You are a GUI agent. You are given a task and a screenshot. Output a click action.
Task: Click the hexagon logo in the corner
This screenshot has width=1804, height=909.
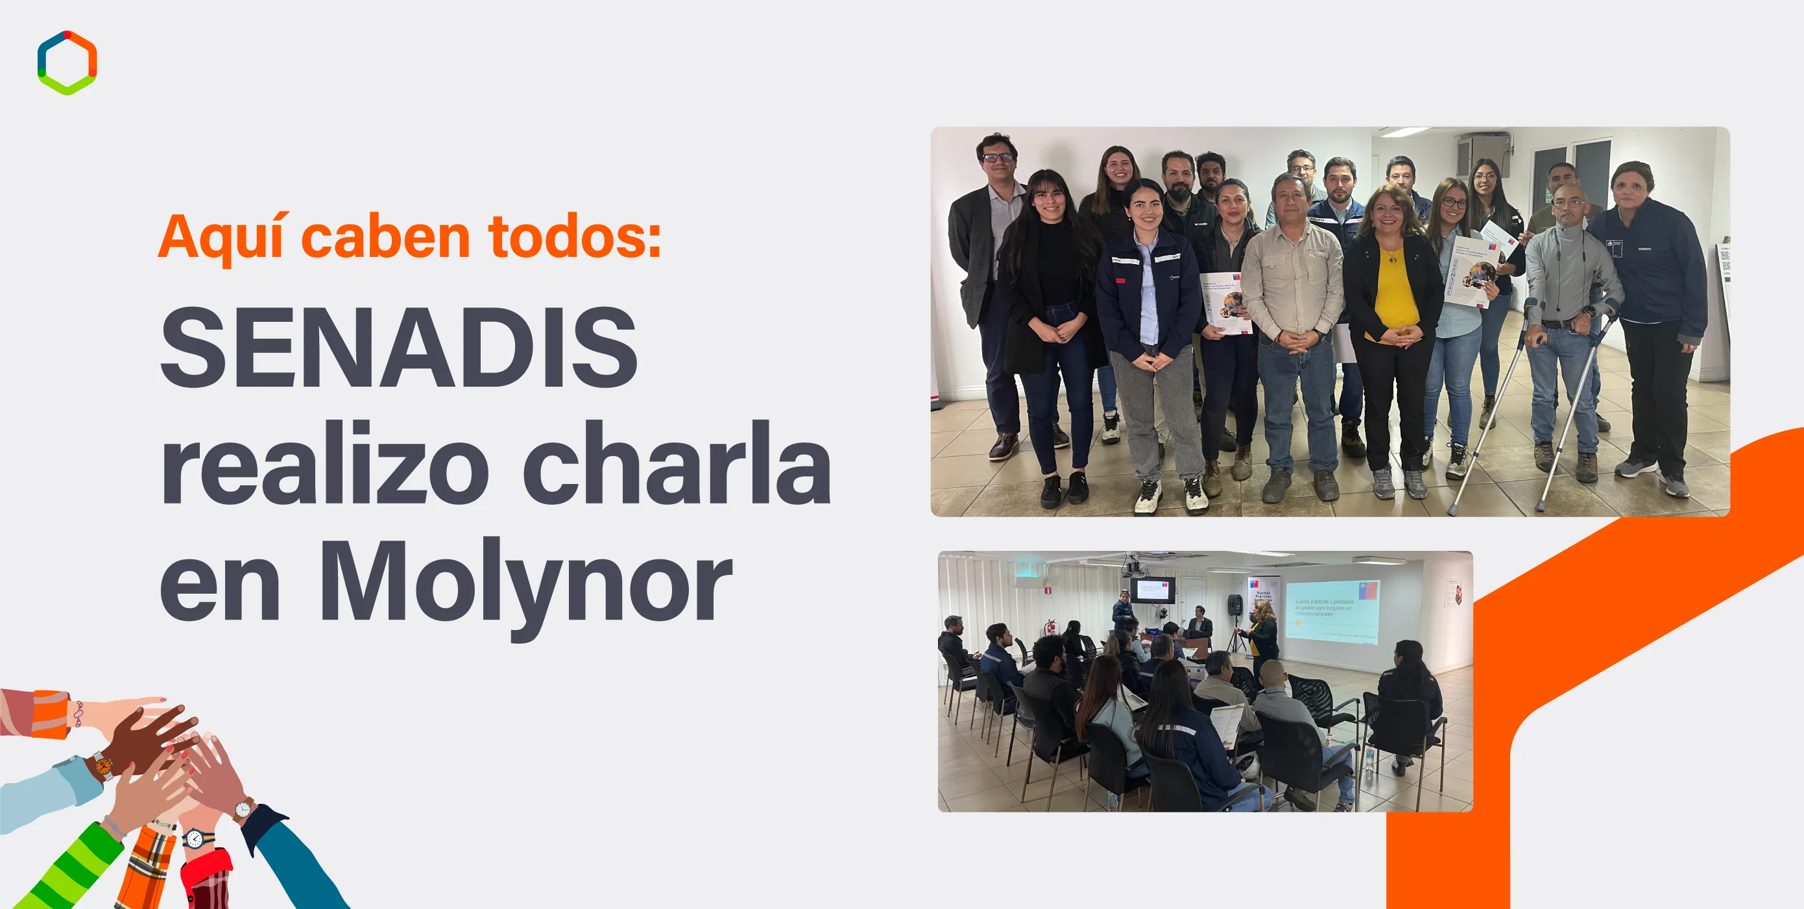[67, 62]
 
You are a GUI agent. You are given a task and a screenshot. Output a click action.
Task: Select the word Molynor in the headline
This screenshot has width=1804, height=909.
[525, 581]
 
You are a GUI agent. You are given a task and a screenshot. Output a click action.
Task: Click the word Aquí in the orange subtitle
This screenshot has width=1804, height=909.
[221, 238]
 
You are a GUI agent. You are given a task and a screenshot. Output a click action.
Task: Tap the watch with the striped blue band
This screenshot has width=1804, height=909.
[195, 838]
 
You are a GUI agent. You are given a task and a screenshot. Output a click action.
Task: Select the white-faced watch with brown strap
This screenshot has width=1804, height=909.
[243, 810]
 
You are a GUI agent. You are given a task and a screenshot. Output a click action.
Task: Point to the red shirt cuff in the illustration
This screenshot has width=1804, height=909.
[206, 875]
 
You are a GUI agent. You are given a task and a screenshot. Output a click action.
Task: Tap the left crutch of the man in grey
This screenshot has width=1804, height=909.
[1492, 406]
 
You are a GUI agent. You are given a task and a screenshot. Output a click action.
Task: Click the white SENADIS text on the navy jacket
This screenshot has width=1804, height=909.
[1645, 248]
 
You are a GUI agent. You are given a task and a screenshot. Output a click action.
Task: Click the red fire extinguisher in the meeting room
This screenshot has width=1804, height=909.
[1048, 626]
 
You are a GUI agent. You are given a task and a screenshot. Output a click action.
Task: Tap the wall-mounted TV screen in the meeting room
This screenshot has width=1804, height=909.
[1151, 590]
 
